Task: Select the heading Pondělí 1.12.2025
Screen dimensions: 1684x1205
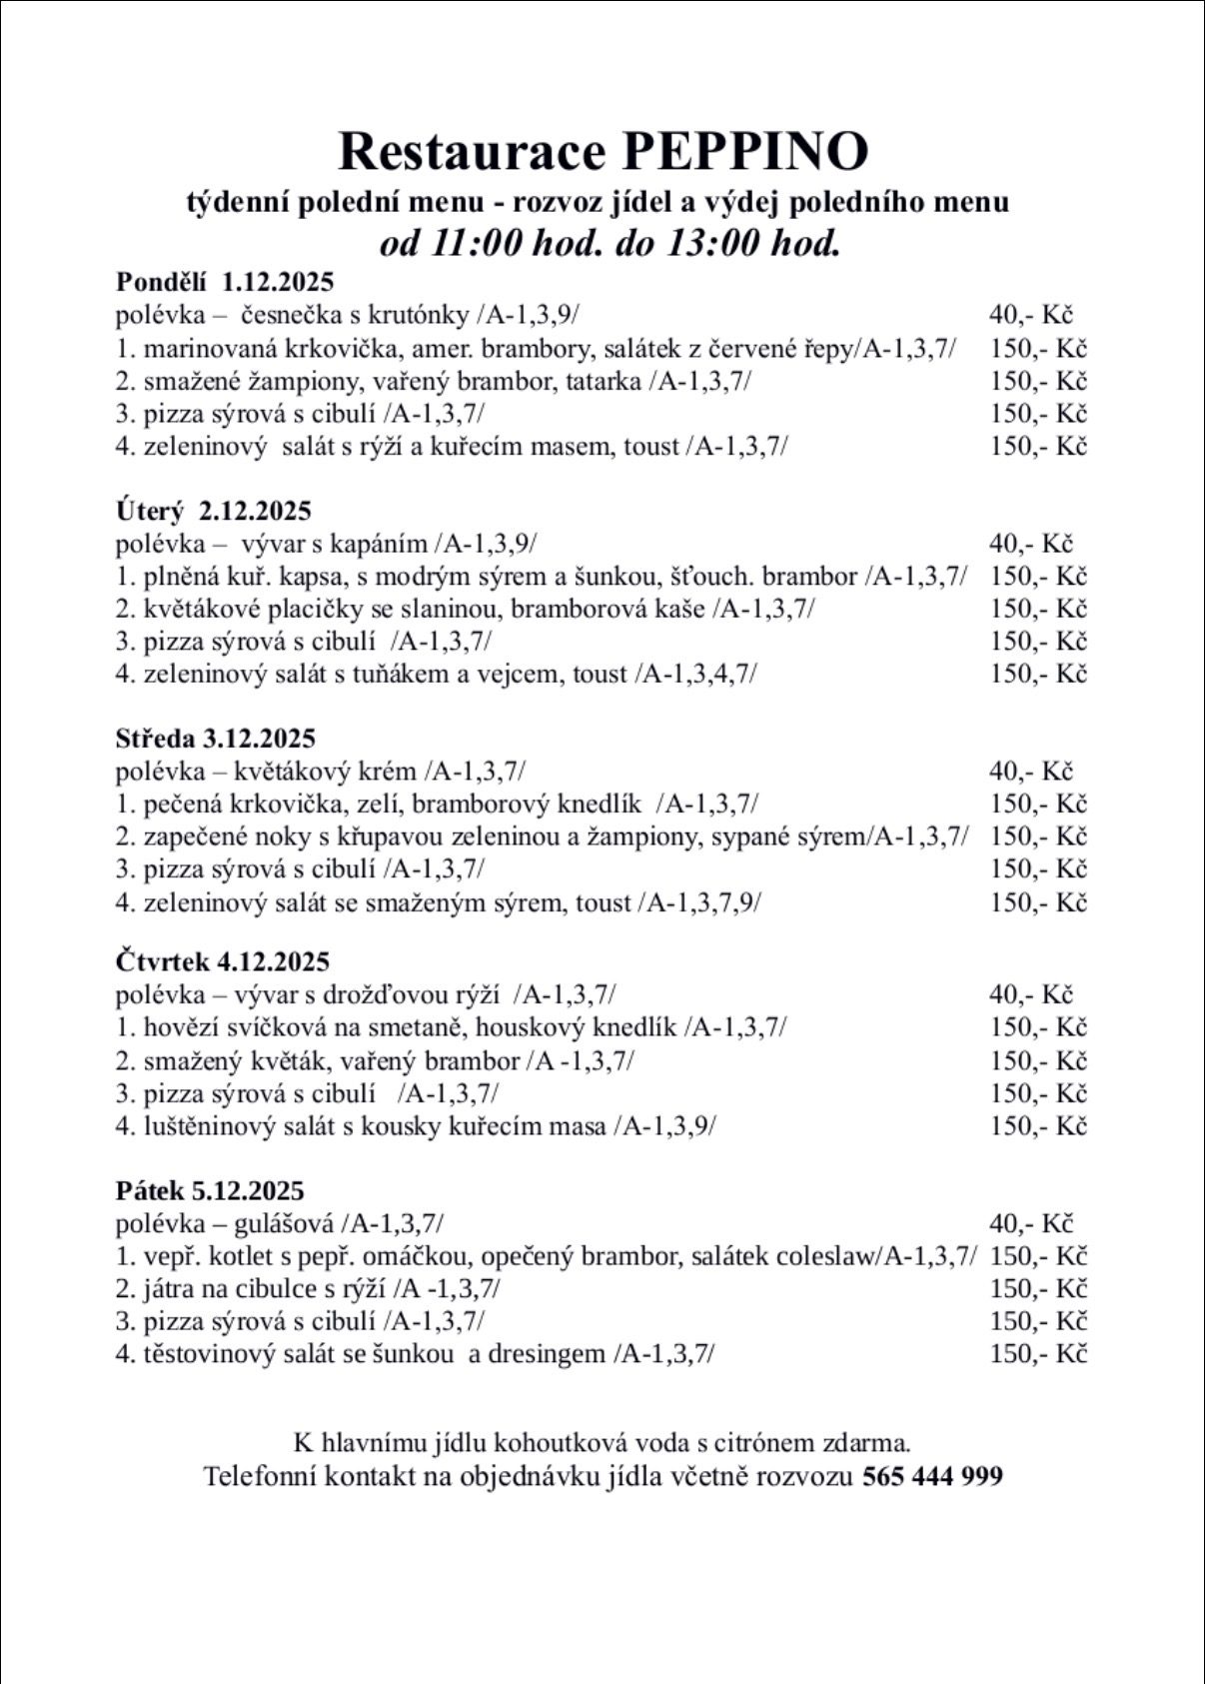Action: click(x=225, y=281)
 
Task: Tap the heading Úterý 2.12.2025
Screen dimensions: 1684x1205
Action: click(x=214, y=511)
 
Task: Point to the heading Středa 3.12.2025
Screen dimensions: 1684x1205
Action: click(x=216, y=739)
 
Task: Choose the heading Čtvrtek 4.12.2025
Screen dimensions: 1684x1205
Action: click(x=223, y=961)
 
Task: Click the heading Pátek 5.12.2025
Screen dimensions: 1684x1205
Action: click(x=210, y=1190)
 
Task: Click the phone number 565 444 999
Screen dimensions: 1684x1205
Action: click(x=931, y=1476)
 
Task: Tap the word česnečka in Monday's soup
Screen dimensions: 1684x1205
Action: click(x=290, y=315)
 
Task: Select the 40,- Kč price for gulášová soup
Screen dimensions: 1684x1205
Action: click(x=1031, y=1223)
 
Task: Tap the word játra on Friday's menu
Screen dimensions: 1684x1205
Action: click(x=169, y=1289)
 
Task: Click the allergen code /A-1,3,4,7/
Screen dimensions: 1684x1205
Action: click(x=695, y=674)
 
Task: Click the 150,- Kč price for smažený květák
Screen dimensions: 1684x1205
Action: click(x=1038, y=1060)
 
